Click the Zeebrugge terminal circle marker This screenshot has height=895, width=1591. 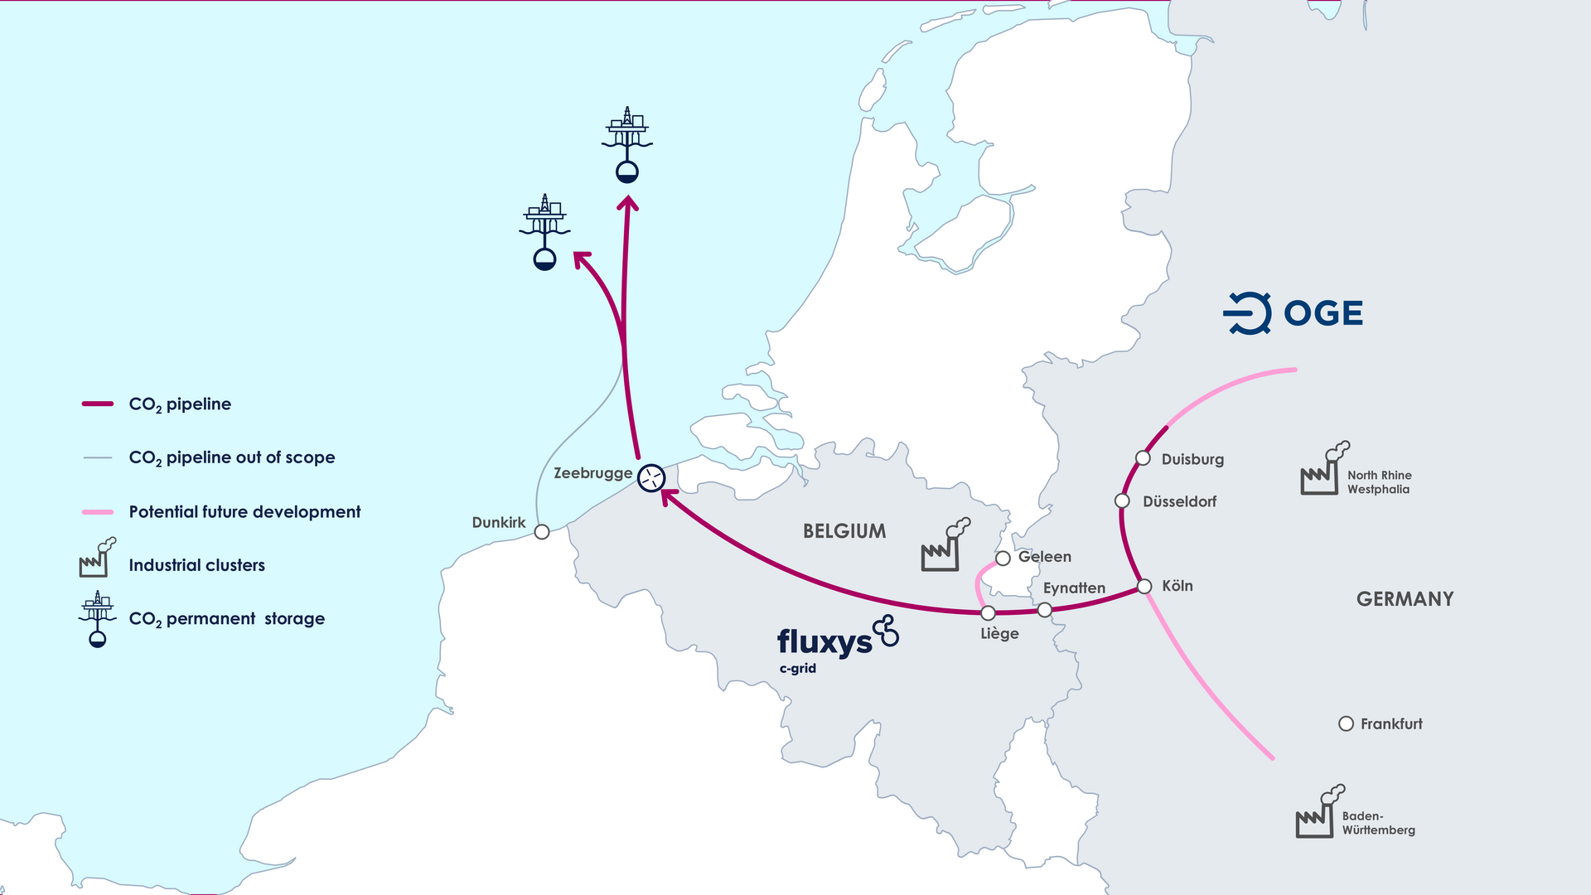pos(651,477)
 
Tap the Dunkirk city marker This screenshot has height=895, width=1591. pos(542,532)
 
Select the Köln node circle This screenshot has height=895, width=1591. pos(1144,587)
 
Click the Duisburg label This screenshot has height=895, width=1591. pos(1192,459)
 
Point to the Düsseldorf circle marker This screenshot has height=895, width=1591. pos(1122,501)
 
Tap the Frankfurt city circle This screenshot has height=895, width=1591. pos(1346,723)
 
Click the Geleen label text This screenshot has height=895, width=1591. pos(1044,557)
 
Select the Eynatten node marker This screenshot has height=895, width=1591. pos(1045,610)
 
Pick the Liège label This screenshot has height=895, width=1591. pos(999,634)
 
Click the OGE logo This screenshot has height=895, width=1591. pos(1293,313)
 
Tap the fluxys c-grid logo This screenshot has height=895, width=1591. pos(837,643)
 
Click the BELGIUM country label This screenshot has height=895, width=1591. pos(844,531)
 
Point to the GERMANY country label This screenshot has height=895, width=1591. pos(1405,599)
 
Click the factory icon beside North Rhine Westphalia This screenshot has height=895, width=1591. pos(1323,470)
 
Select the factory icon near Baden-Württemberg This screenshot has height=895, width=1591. pos(1318,813)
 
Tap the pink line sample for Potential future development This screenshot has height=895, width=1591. pos(97,512)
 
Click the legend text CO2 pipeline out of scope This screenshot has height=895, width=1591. pos(231,457)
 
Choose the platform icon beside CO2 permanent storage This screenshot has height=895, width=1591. pos(98,618)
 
